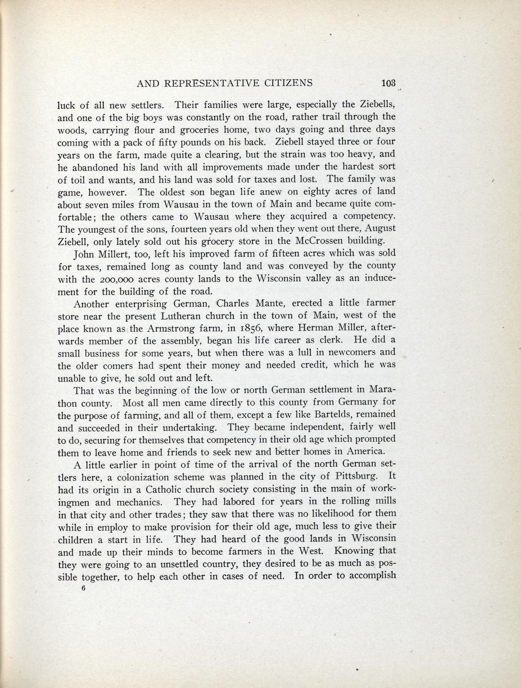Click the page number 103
[387, 83]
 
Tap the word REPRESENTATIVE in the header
[211, 83]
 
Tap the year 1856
[269, 328]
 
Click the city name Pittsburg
[352, 476]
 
